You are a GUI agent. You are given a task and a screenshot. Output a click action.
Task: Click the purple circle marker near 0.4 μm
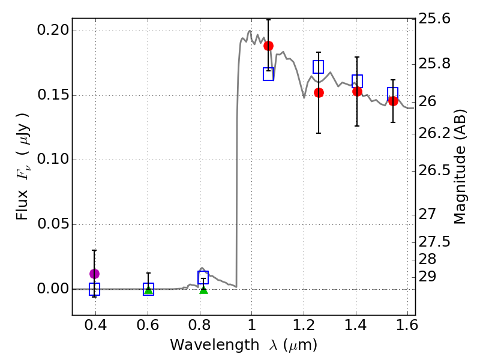click(94, 274)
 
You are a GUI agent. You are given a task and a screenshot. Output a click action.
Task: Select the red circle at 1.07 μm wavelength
click(268, 46)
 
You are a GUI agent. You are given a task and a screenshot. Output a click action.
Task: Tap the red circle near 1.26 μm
click(319, 92)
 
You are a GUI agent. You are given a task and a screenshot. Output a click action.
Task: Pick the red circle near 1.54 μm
click(393, 101)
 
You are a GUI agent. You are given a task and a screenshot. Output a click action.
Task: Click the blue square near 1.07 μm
click(269, 74)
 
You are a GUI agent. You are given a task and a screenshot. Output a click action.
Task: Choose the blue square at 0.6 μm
click(148, 289)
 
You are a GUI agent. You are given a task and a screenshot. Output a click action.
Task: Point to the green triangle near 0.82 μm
click(203, 289)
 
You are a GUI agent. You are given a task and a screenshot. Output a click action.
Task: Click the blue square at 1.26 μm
click(319, 67)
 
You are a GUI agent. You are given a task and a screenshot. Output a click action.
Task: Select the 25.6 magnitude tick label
click(434, 19)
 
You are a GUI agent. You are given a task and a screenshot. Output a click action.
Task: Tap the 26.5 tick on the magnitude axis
click(434, 170)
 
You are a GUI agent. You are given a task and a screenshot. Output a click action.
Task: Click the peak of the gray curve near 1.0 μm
click(249, 31)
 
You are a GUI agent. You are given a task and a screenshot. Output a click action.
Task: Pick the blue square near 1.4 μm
click(357, 81)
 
